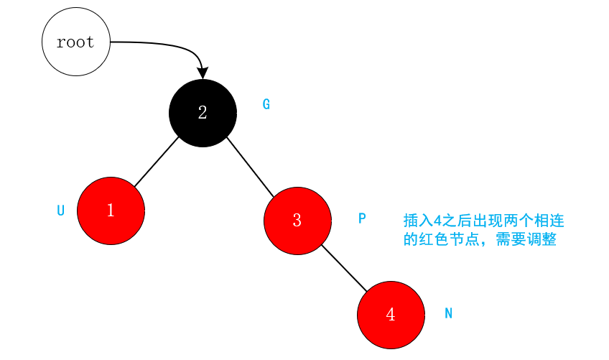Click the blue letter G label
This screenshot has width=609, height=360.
(x=266, y=104)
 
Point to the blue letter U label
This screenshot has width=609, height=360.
(x=61, y=211)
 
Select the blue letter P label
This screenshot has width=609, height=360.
(x=362, y=218)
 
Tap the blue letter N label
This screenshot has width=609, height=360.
(x=448, y=313)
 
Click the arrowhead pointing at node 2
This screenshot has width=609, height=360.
(x=203, y=73)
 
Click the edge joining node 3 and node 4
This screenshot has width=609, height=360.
(x=344, y=268)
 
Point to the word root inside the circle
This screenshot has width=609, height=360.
(x=75, y=42)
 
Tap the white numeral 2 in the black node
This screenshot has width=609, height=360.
(x=203, y=113)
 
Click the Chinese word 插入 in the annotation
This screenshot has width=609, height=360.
(x=418, y=221)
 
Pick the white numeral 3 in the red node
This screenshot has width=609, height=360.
(x=297, y=221)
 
